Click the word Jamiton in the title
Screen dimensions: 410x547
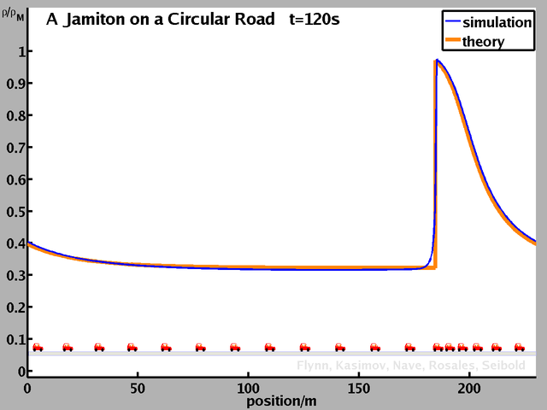click(x=91, y=20)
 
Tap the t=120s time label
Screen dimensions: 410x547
click(x=315, y=20)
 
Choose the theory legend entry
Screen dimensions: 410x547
click(x=483, y=42)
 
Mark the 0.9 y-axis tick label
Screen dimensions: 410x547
click(x=15, y=84)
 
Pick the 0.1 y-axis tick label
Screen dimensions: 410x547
click(x=15, y=339)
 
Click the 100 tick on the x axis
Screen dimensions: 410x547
click(x=249, y=388)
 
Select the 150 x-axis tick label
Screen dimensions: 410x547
click(x=359, y=388)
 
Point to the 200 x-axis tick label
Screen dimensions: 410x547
click(x=469, y=388)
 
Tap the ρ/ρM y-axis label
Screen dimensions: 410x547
click(x=14, y=13)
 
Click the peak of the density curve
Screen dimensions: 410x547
click(x=437, y=61)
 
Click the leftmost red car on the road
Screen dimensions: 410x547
click(x=38, y=348)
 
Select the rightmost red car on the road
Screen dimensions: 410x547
click(x=519, y=348)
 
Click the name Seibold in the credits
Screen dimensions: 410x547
click(x=511, y=366)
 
